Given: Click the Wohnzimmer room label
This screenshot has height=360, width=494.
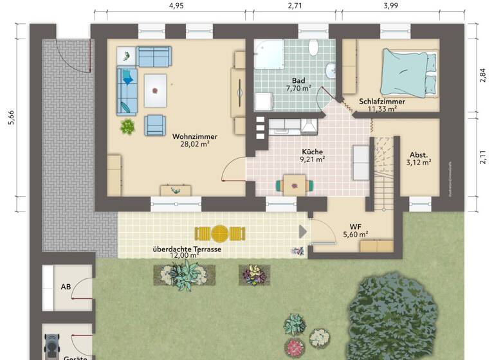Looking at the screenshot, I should tap(194, 136).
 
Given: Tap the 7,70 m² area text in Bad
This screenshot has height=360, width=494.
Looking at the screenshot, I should tap(298, 89).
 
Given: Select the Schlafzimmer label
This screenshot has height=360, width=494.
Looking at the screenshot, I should tap(381, 101).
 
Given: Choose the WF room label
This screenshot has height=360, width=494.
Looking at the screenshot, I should tap(354, 226).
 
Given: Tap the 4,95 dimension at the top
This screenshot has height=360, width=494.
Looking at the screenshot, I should tap(176, 6).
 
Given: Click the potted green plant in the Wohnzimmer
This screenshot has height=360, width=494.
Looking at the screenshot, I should tap(128, 126).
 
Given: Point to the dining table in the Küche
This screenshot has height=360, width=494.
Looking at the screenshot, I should tap(295, 184).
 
